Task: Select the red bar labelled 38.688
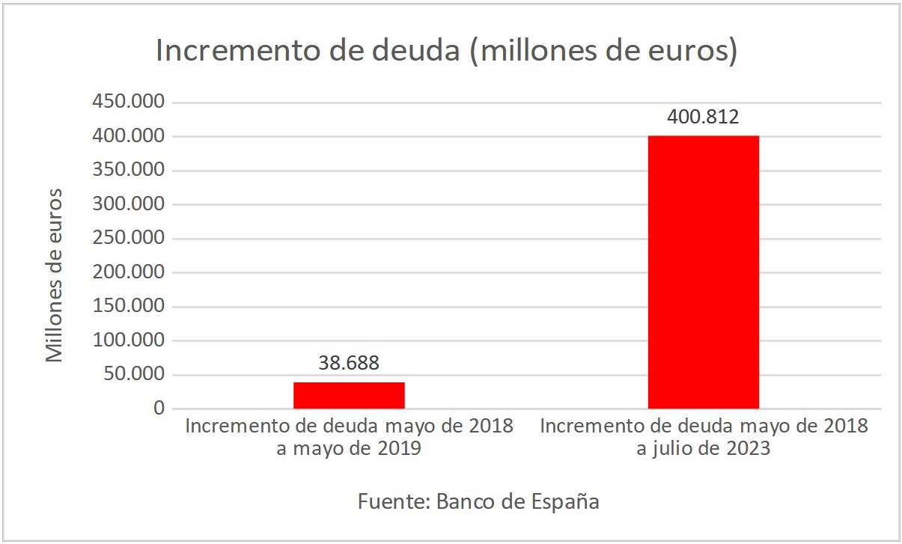[349, 395]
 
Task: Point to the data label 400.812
[703, 117]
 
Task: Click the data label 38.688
[349, 364]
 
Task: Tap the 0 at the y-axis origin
[158, 409]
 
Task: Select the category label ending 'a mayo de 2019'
[349, 438]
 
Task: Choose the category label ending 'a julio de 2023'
[703, 438]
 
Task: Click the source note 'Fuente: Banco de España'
[478, 501]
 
